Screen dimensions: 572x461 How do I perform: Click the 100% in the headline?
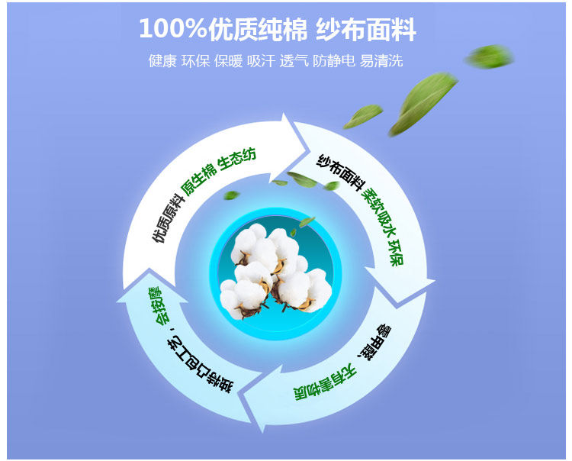[172, 29]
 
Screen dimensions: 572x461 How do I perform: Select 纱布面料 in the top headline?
[366, 29]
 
